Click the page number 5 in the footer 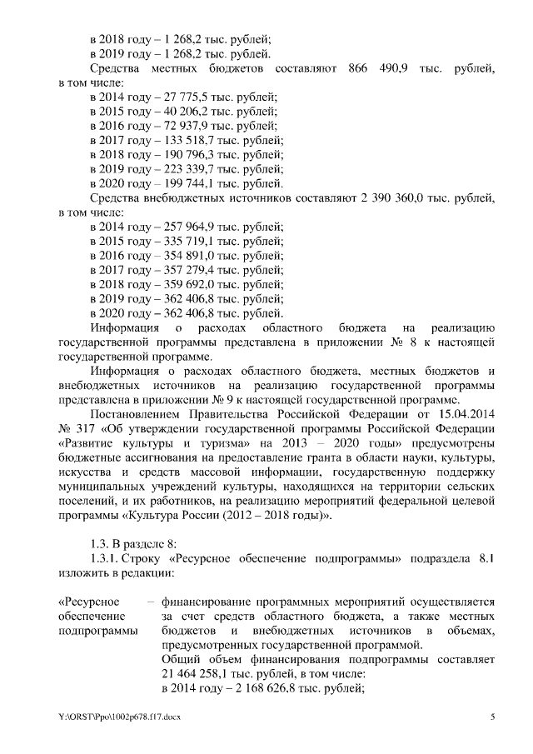point(492,717)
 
